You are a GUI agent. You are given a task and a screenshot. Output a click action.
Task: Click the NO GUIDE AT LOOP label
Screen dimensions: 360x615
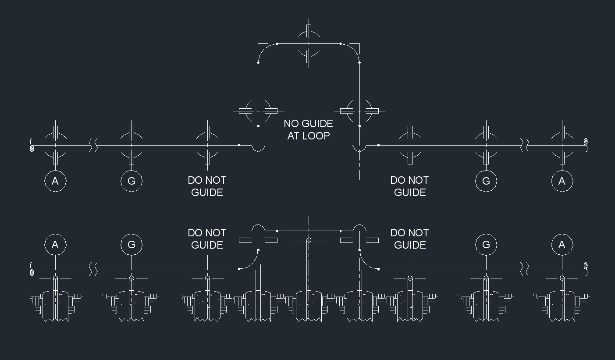point(308,130)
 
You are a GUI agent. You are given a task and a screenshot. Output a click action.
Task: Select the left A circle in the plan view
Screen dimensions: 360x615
point(55,181)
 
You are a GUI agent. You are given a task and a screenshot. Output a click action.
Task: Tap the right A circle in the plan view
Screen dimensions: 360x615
point(562,181)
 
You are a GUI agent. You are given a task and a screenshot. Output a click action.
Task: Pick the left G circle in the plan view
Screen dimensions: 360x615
point(132,181)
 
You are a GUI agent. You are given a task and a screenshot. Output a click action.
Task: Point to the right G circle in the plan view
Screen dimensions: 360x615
point(486,181)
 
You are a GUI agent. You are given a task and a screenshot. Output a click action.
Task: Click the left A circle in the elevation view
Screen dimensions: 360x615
point(55,245)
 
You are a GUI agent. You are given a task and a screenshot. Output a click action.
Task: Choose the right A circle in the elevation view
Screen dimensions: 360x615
point(562,245)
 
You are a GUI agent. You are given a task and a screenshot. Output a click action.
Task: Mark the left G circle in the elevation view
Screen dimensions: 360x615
point(132,245)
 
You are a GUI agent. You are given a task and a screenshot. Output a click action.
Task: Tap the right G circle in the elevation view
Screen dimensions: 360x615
point(486,245)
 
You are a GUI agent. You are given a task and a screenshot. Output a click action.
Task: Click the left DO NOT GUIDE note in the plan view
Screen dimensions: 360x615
point(207,186)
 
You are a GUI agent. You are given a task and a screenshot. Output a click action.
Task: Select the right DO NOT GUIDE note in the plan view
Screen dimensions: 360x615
point(409,186)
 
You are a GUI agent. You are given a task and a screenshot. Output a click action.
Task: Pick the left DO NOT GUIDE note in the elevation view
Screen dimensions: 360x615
point(207,239)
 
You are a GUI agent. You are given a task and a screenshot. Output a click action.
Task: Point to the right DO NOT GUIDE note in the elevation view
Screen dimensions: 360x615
point(409,239)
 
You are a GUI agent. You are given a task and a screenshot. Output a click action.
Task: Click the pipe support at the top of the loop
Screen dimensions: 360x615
point(309,44)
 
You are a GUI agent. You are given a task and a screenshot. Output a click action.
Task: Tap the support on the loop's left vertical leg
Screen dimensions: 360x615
point(258,111)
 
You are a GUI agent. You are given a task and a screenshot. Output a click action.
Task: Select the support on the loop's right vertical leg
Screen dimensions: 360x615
point(359,111)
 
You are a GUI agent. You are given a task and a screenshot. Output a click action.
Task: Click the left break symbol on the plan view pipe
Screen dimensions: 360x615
point(93,145)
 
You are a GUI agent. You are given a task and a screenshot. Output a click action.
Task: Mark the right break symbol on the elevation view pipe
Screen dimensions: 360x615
point(524,269)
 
